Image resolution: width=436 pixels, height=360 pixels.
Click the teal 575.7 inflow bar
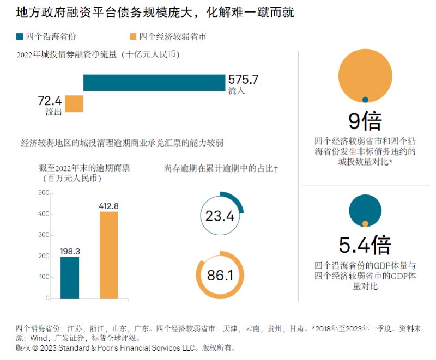(154, 82)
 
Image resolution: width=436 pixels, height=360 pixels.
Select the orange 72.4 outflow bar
(74, 103)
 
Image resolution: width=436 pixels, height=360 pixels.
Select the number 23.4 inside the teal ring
(220, 216)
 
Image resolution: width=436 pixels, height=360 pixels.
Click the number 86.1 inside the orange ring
(220, 276)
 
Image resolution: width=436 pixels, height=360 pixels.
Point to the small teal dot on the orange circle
(365, 100)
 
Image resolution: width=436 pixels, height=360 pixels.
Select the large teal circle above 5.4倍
(365, 208)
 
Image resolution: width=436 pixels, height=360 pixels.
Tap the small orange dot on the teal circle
(365, 223)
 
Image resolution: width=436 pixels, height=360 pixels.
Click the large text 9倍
(365, 121)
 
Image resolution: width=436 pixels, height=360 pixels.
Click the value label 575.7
(243, 80)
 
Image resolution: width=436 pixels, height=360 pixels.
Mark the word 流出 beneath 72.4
(53, 112)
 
